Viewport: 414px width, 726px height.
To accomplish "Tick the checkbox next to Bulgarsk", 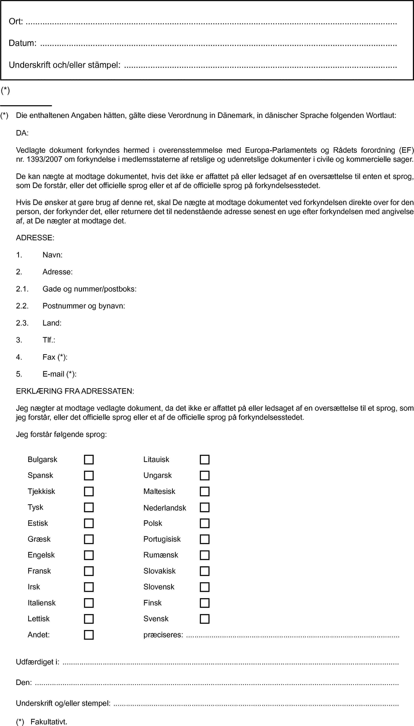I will click(x=89, y=459).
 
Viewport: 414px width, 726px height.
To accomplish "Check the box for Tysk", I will click(x=89, y=507).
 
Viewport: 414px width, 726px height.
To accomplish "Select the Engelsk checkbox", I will click(x=89, y=555).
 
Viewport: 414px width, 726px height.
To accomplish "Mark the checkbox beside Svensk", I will click(x=204, y=619).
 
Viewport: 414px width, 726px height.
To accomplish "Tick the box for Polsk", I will click(x=204, y=523).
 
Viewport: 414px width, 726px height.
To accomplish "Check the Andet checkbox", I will click(x=89, y=635).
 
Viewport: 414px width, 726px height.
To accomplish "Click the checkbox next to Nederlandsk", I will click(x=204, y=507).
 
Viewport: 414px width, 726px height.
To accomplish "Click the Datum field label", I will click(x=22, y=43).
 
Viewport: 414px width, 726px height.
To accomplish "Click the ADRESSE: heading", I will click(x=35, y=238).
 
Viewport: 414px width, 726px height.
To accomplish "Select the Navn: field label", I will click(x=52, y=255).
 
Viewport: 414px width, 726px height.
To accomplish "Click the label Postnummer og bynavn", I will click(x=84, y=306).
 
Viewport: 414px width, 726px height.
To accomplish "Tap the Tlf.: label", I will click(x=49, y=340).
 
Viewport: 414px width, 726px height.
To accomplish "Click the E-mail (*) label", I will click(x=59, y=374).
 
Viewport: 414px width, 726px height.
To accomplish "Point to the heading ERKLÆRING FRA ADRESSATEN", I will click(x=75, y=391).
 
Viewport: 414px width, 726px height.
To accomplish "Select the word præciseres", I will click(x=163, y=635).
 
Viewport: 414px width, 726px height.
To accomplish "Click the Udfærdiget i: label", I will click(x=38, y=662).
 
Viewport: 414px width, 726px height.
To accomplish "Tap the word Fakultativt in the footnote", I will click(x=49, y=722).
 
